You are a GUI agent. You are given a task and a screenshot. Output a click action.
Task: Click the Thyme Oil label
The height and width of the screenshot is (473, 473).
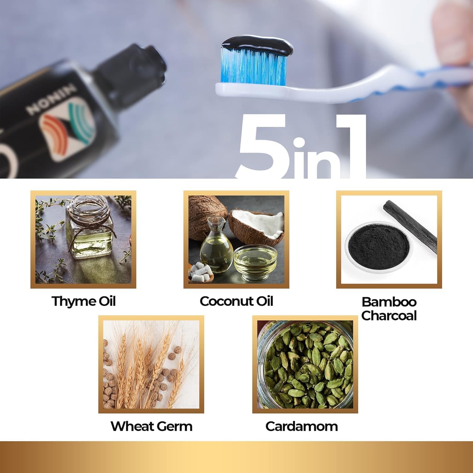pyautogui.click(x=84, y=301)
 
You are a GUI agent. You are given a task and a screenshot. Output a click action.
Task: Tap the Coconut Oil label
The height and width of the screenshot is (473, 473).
pyautogui.click(x=236, y=301)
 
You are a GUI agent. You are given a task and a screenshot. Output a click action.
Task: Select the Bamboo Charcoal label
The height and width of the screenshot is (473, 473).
pyautogui.click(x=389, y=309)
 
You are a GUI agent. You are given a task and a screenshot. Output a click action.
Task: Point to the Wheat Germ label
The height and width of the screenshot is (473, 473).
pyautogui.click(x=151, y=426)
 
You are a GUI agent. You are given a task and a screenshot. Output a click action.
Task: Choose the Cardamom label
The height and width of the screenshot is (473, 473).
pyautogui.click(x=301, y=426)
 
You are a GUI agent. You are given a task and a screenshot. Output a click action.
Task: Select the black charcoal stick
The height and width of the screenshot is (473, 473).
pyautogui.click(x=410, y=225)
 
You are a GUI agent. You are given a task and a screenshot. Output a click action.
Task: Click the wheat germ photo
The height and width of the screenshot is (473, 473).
pyautogui.click(x=151, y=364)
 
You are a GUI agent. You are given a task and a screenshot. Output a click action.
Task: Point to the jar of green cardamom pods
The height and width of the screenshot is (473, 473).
pyautogui.click(x=305, y=364)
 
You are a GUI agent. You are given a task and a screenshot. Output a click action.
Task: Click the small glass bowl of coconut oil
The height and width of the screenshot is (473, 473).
pyautogui.click(x=255, y=262)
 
